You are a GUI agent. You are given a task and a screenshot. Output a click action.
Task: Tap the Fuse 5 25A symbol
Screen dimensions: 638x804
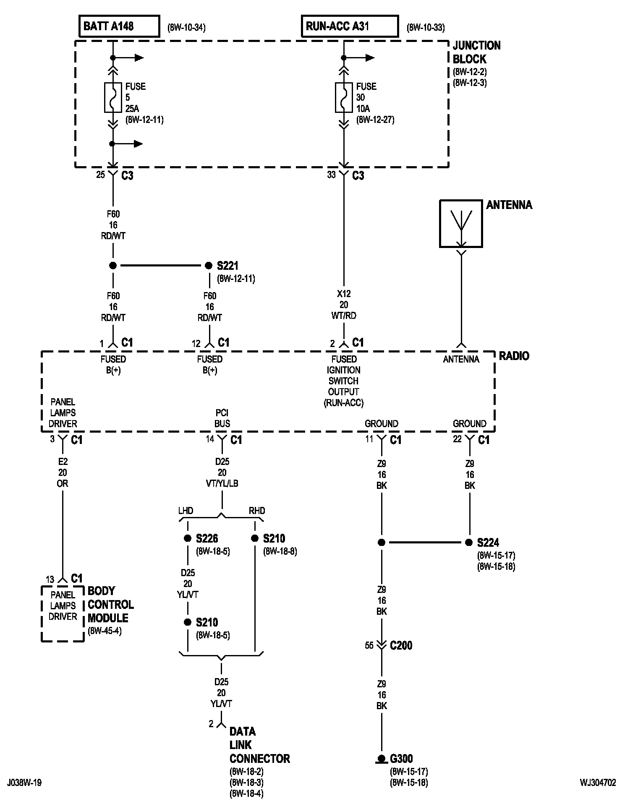pos(113,97)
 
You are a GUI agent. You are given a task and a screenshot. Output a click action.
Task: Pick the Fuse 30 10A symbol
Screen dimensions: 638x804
pos(344,97)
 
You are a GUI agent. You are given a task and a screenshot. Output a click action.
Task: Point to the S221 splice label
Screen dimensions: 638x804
pos(227,266)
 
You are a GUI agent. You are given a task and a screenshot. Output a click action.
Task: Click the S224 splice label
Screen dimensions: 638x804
pos(488,543)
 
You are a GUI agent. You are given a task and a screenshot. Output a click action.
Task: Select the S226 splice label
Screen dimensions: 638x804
pos(207,538)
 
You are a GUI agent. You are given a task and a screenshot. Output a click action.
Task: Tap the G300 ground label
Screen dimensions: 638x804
pos(402,759)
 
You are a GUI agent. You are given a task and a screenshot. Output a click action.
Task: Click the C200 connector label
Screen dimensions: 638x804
pos(401,645)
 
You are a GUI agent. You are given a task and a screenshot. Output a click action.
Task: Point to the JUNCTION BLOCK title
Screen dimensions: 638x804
pos(476,52)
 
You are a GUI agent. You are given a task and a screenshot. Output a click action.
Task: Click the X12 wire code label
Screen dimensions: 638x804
pos(344,294)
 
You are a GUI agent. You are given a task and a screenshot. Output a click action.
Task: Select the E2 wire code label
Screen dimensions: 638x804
pos(63,462)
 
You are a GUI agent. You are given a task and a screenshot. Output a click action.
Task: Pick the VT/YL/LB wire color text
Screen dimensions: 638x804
pos(222,483)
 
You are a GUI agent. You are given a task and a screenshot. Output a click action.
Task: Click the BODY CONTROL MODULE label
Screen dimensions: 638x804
pos(110,604)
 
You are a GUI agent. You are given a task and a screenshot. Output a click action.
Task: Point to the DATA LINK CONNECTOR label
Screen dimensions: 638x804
pos(260,745)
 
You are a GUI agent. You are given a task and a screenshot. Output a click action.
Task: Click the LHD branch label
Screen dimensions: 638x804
pos(186,511)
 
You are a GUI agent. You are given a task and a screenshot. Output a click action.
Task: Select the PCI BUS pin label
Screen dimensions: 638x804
pos(222,418)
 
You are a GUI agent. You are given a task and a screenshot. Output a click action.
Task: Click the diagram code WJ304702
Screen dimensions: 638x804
pos(598,783)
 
